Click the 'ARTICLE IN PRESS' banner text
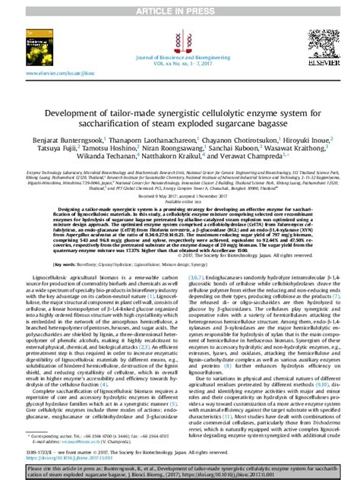(x=180, y=7)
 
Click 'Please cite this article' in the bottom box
(x=54, y=468)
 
